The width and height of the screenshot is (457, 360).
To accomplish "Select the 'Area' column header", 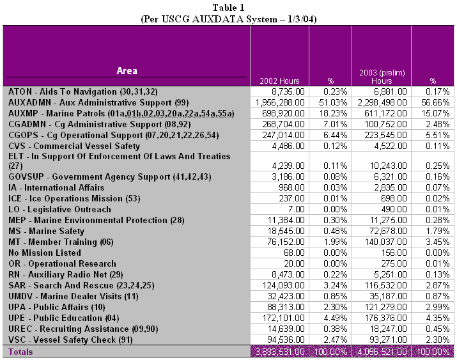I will pyautogui.click(x=127, y=70).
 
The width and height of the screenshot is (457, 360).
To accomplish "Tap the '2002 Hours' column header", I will pyautogui.click(x=279, y=81).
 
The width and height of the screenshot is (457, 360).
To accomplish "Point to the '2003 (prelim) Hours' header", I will pyautogui.click(x=381, y=77).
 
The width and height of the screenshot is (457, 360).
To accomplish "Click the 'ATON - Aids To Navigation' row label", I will pyautogui.click(x=82, y=92).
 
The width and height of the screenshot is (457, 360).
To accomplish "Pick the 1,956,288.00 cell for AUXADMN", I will pyautogui.click(x=279, y=102).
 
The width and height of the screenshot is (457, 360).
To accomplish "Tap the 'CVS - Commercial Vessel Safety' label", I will pyautogui.click(x=73, y=145).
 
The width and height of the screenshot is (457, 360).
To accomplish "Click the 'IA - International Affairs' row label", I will pyautogui.click(x=56, y=187).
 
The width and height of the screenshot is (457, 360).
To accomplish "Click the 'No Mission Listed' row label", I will pyautogui.click(x=44, y=253).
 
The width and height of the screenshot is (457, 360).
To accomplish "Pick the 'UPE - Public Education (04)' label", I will pyautogui.click(x=67, y=318).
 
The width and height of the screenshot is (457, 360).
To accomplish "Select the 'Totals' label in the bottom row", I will pyautogui.click(x=20, y=352).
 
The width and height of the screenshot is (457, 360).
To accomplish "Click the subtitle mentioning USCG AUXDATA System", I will pyautogui.click(x=229, y=19).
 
